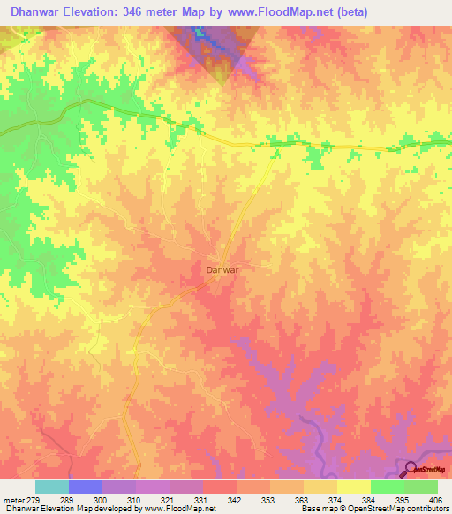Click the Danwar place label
(x=222, y=269)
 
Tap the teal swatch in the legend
(x=52, y=487)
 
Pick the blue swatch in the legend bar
(x=86, y=487)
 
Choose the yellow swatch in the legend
(x=353, y=487)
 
